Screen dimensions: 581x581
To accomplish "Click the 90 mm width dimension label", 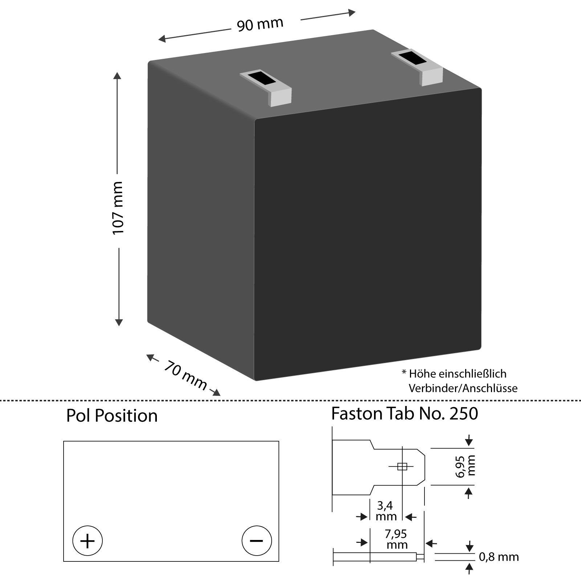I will pos(260,24).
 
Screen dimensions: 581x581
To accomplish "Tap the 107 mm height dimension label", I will pos(118,208).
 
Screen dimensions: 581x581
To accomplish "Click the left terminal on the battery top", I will pos(266,88).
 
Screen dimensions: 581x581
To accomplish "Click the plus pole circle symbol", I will pos(88,541).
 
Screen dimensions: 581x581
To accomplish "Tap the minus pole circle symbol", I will pos(256,540).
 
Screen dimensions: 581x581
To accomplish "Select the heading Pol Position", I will pos(112,416).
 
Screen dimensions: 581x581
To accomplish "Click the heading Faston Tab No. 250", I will pos(405,414).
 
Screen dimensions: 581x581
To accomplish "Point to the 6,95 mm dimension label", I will pos(466,467).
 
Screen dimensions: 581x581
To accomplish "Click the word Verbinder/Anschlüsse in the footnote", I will pos(463,388).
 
